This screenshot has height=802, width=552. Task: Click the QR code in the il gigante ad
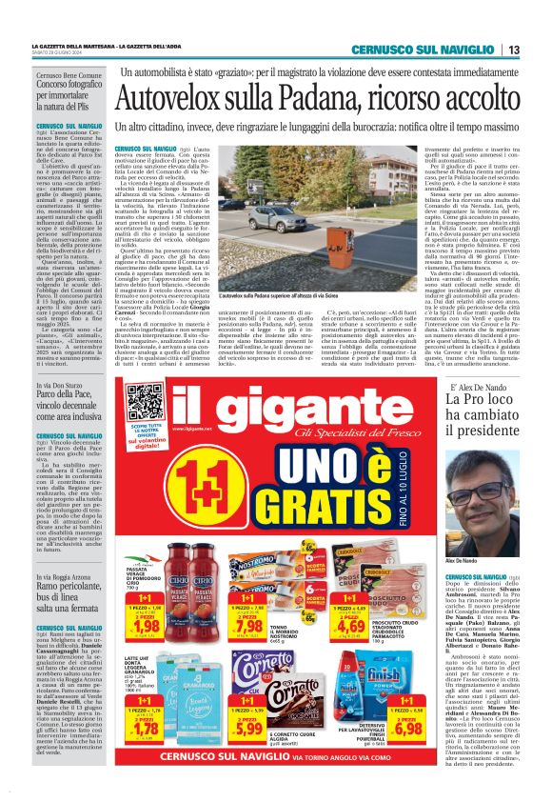tap(143, 402)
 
